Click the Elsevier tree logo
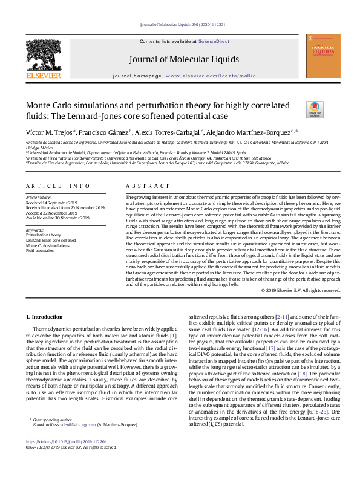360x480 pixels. click(43, 55)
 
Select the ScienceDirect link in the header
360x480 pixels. click(214, 41)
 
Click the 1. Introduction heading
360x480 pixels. click(48, 317)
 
